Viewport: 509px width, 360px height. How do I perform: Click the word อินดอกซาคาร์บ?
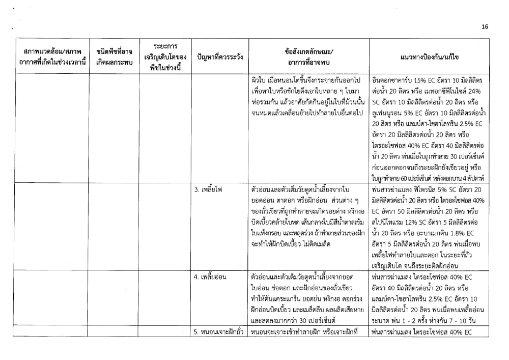pos(388,80)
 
